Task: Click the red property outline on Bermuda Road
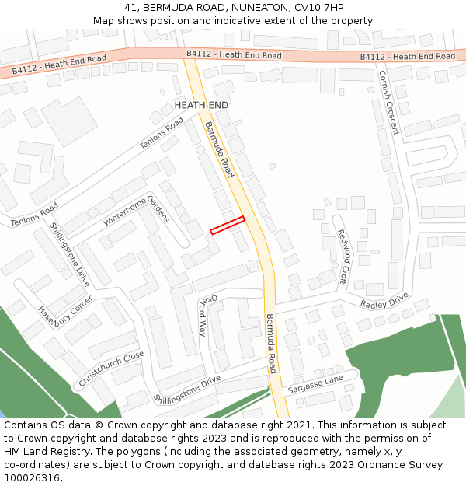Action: click(228, 225)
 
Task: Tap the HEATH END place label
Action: click(201, 105)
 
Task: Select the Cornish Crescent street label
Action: click(388, 103)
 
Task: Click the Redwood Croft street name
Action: click(342, 256)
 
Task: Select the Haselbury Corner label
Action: click(65, 313)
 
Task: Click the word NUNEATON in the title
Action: click(259, 8)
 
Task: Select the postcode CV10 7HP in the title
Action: click(318, 8)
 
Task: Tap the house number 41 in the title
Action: click(130, 8)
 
